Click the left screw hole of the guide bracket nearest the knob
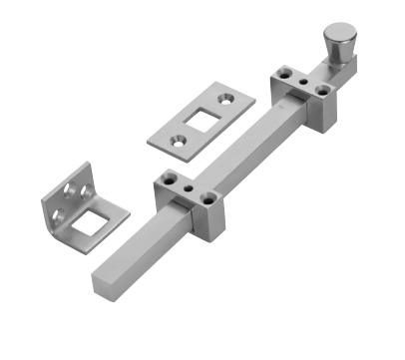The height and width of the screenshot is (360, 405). point(285,73)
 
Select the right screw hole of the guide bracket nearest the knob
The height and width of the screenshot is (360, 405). point(322,89)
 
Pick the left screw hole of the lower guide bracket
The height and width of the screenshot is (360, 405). point(170,178)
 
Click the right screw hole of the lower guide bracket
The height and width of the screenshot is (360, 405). point(207,196)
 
